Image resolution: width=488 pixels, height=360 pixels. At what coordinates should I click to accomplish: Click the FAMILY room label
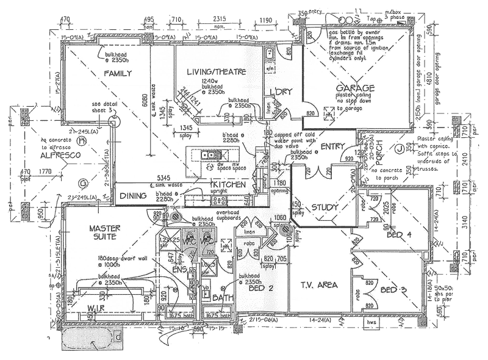(118, 73)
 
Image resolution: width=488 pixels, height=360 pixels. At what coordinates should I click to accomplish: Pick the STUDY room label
(325, 207)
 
